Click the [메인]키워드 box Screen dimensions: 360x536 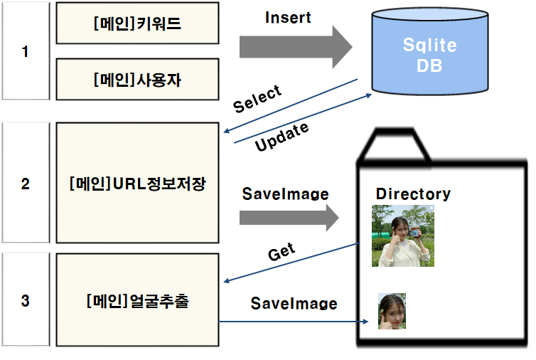(137, 23)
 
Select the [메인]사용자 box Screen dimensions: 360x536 (137, 79)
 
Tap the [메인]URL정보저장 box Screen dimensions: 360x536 (137, 184)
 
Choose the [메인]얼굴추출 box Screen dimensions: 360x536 (137, 301)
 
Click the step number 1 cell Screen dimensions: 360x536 (26, 51)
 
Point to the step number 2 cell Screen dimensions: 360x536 (26, 184)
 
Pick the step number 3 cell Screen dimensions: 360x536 (26, 301)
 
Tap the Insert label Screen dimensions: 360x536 (288, 18)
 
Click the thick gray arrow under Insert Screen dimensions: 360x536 (295, 48)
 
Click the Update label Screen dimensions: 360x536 (282, 137)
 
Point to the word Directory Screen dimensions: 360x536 (413, 194)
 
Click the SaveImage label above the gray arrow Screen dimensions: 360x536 (285, 194)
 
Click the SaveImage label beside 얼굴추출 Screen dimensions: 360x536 (294, 304)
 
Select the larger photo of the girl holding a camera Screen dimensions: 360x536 (402, 235)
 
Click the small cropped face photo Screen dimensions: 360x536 (392, 312)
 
